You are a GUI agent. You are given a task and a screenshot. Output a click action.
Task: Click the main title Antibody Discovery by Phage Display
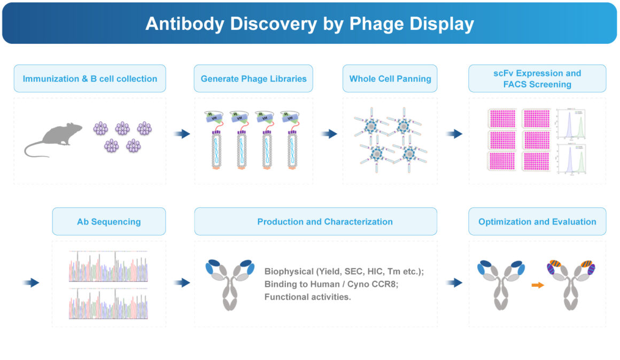click(x=309, y=24)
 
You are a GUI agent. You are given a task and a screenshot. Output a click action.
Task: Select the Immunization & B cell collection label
click(x=90, y=79)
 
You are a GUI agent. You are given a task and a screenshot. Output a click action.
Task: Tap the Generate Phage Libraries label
click(x=253, y=79)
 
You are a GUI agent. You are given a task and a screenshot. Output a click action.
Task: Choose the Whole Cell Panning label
click(x=390, y=79)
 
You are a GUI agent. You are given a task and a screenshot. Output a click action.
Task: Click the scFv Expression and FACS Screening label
click(x=537, y=79)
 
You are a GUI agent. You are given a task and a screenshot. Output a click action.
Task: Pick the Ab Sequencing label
click(x=108, y=222)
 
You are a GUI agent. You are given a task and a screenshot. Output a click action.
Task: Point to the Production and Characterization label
click(x=325, y=222)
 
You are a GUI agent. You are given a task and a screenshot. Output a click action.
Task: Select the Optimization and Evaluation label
click(x=537, y=222)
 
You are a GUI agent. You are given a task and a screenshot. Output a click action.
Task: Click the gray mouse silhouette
click(x=53, y=139)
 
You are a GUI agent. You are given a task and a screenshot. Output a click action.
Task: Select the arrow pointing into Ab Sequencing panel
click(x=32, y=283)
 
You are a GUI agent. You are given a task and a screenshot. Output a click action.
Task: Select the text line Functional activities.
click(x=307, y=297)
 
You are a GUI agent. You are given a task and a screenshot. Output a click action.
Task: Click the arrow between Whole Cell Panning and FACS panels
click(x=454, y=134)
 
